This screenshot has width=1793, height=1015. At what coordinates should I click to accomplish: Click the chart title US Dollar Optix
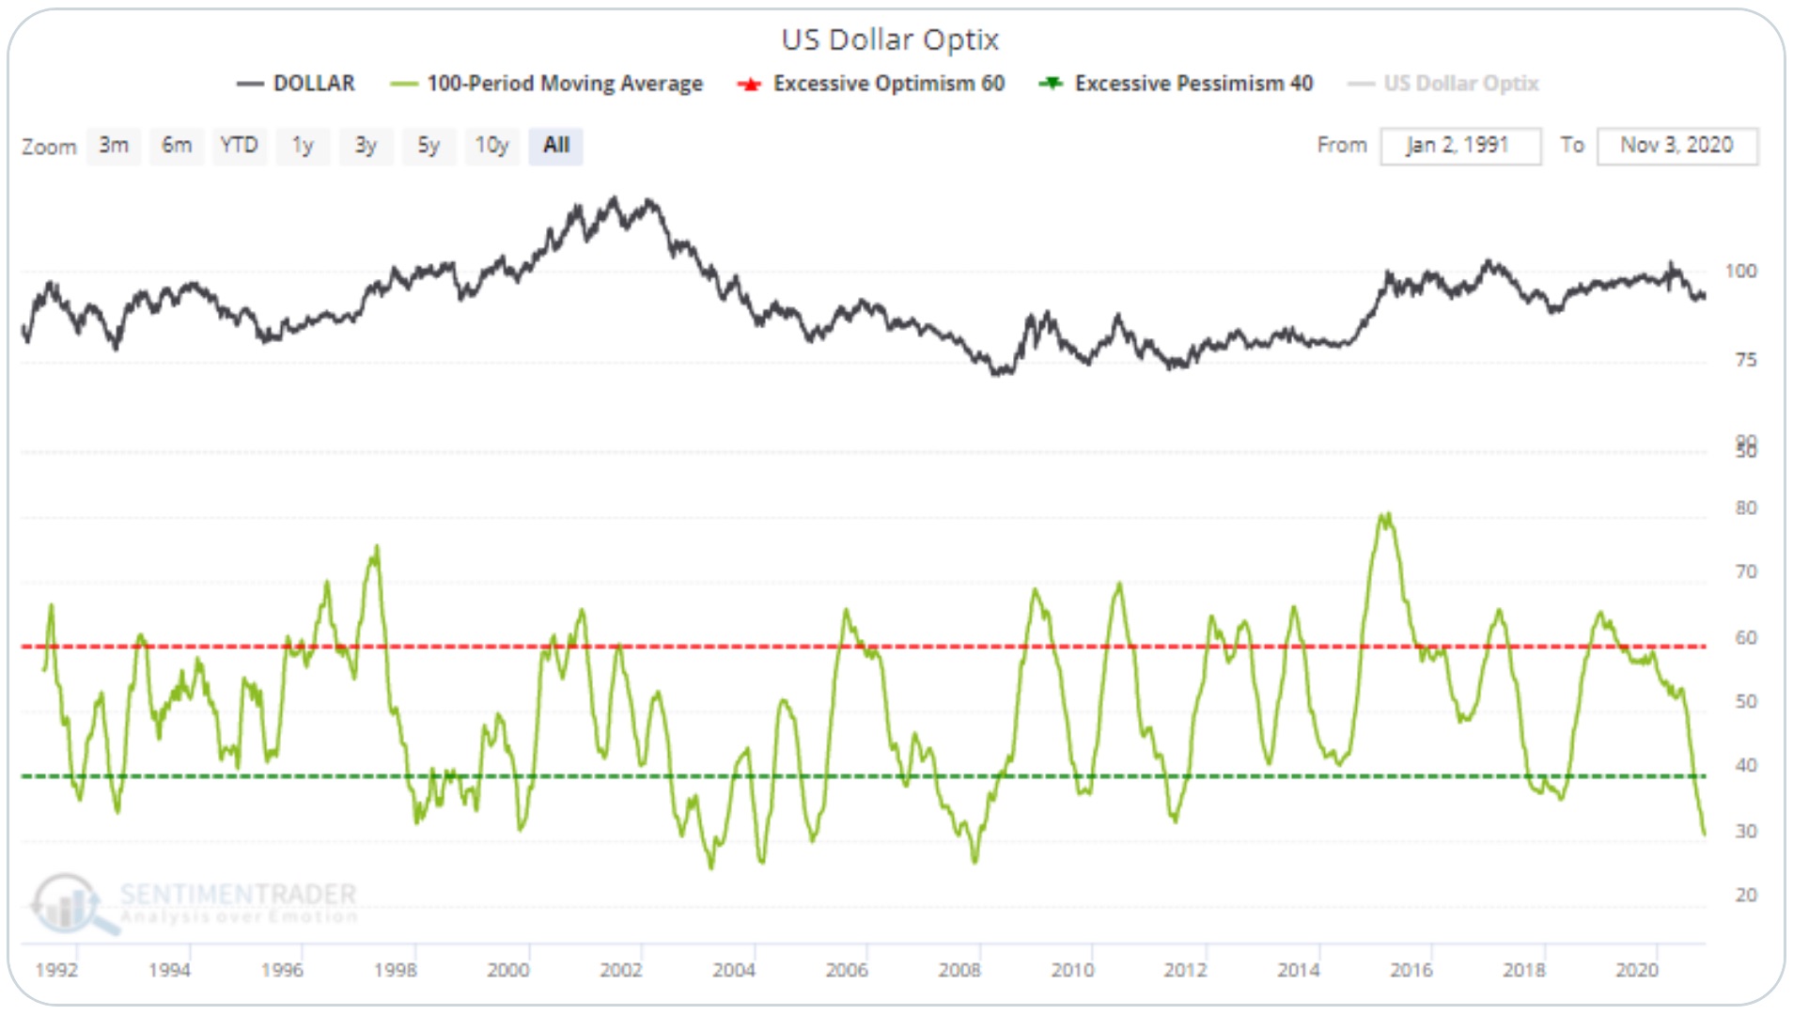890,39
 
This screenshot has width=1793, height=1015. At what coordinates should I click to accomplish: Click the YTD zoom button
239,146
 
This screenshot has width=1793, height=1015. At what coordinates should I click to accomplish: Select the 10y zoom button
491,146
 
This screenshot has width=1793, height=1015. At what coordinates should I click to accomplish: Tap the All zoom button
555,146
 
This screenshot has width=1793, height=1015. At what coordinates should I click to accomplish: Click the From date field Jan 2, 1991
1459,146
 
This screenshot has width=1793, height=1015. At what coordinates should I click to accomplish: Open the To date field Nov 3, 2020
1676,146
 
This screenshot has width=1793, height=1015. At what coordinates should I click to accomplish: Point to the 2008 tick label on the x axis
959,970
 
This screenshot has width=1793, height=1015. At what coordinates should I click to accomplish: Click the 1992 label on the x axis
56,970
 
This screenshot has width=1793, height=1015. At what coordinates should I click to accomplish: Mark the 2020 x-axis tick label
1636,970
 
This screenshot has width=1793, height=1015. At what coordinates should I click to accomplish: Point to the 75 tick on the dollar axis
1745,360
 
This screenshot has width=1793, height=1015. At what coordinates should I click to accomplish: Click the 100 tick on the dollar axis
1740,272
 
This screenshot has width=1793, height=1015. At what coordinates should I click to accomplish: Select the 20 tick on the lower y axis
1745,895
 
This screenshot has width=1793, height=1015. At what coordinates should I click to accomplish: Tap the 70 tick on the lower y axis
1745,571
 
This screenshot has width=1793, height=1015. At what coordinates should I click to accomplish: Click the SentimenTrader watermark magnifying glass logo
68,902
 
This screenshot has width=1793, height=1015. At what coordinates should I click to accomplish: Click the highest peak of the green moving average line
1385,515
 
